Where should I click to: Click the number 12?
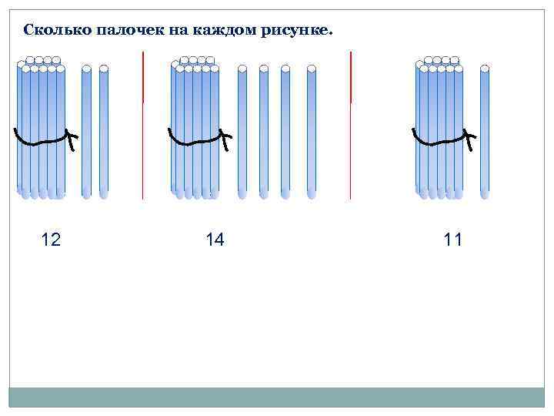click(x=51, y=240)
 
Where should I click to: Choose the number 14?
click(x=215, y=240)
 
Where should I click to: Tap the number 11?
click(x=453, y=240)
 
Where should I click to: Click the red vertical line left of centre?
click(x=143, y=123)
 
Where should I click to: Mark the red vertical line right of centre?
click(x=351, y=123)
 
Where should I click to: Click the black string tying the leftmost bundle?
click(x=42, y=142)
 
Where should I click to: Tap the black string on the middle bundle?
click(x=196, y=142)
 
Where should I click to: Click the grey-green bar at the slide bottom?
click(x=276, y=397)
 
